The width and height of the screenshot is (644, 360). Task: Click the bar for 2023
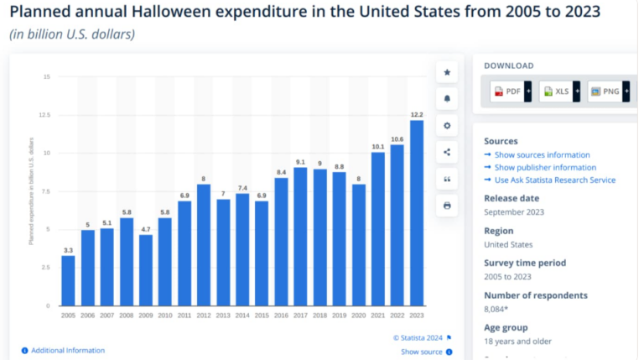pyautogui.click(x=417, y=213)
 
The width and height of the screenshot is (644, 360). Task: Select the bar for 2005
pyautogui.click(x=68, y=280)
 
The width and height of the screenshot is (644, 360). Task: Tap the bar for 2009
pyautogui.click(x=146, y=270)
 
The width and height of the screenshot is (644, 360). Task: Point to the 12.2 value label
pyautogui.click(x=417, y=113)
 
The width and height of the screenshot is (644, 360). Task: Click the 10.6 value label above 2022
pyautogui.click(x=397, y=138)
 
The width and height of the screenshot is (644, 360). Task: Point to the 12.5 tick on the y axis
pyautogui.click(x=45, y=115)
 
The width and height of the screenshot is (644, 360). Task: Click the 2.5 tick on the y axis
pyautogui.click(x=46, y=268)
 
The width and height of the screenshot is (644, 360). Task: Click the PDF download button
pyautogui.click(x=507, y=91)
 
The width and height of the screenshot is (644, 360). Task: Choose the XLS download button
pyautogui.click(x=556, y=91)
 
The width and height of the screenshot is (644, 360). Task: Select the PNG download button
pyautogui.click(x=605, y=91)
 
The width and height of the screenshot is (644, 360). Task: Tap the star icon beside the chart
pyautogui.click(x=447, y=73)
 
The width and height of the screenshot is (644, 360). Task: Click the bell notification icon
pyautogui.click(x=447, y=99)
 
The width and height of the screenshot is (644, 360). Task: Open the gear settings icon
pyautogui.click(x=447, y=126)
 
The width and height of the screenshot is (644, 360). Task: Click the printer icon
pyautogui.click(x=447, y=206)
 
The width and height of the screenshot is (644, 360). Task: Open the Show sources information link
pyautogui.click(x=542, y=155)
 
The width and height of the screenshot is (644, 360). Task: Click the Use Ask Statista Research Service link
pyautogui.click(x=554, y=180)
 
